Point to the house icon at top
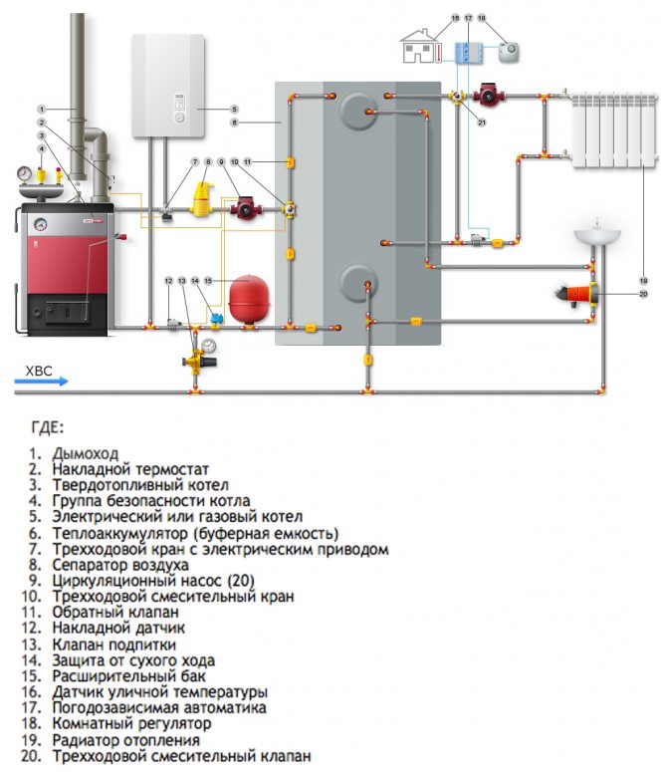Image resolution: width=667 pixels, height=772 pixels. (419, 49)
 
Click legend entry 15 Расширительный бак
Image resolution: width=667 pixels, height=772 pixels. (128, 675)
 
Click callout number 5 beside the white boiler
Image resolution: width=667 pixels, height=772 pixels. (235, 109)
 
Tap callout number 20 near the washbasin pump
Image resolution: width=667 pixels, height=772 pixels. (643, 294)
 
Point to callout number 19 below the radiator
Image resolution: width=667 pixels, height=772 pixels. (643, 280)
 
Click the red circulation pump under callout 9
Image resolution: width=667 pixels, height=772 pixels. (243, 209)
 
